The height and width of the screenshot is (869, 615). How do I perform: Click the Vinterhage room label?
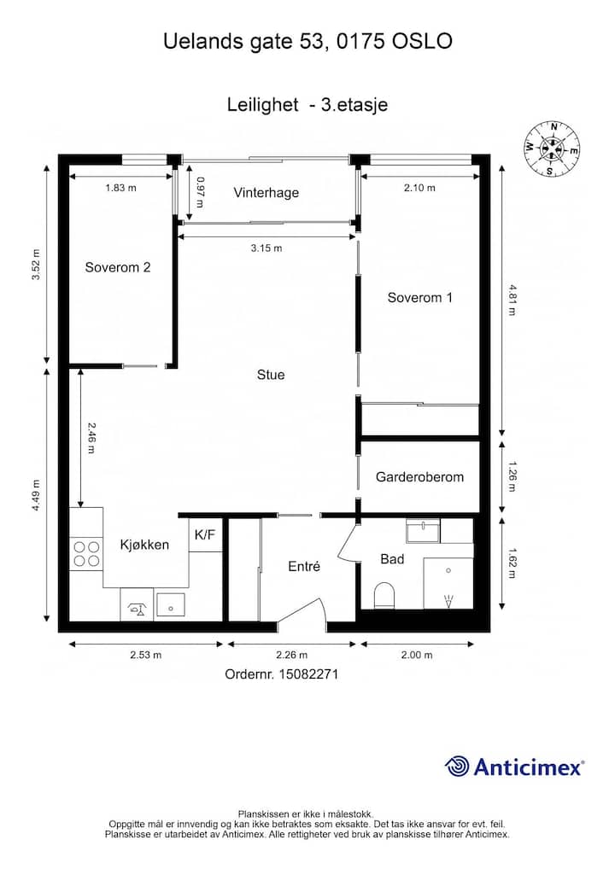(x=266, y=193)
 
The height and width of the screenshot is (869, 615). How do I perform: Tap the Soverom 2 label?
(x=118, y=268)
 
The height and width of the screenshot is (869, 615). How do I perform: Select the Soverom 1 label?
(x=419, y=298)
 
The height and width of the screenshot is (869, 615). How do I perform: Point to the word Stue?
(x=271, y=376)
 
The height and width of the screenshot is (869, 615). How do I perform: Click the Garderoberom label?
(x=419, y=477)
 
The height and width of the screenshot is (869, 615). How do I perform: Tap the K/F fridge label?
(x=205, y=535)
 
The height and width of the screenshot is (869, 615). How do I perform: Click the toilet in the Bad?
(x=384, y=595)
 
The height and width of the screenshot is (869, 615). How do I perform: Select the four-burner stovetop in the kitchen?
(x=86, y=554)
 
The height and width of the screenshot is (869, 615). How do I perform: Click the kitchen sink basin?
(x=171, y=605)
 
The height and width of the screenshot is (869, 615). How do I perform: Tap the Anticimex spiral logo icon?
(x=457, y=767)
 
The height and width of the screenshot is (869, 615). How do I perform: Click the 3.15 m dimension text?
(x=266, y=248)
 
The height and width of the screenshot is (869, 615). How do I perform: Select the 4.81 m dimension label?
(x=512, y=300)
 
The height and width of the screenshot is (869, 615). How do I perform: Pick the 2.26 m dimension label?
(x=291, y=655)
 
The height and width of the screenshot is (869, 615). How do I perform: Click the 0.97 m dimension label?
(x=200, y=192)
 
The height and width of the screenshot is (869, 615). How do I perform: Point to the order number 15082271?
(x=309, y=674)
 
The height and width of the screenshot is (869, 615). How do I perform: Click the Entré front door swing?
(x=302, y=614)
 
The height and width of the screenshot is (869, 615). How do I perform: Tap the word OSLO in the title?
(x=422, y=41)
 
